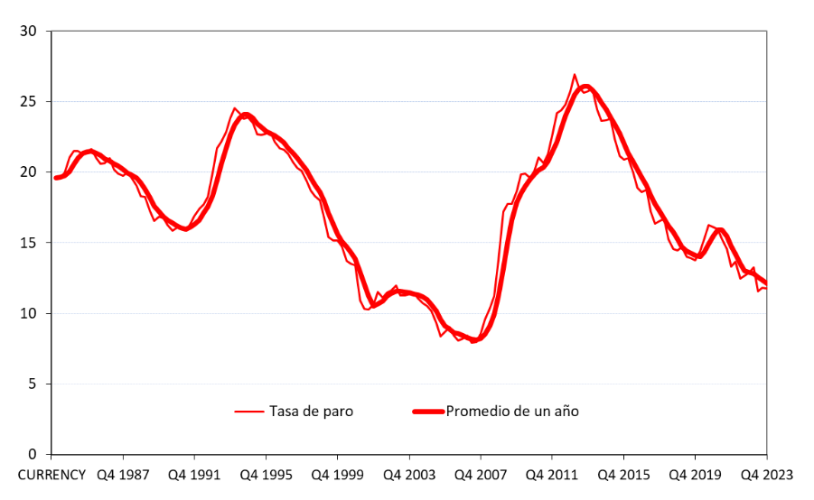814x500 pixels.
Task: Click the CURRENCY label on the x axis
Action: (51, 474)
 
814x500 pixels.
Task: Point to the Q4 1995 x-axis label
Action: (266, 474)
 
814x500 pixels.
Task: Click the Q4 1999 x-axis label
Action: (337, 474)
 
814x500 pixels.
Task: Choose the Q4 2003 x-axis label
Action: (408, 474)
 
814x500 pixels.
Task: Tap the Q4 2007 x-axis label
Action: (480, 474)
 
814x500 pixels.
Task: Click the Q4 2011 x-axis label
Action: (552, 474)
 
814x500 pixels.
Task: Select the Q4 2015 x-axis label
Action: (623, 474)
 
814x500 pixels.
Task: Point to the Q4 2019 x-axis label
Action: (695, 474)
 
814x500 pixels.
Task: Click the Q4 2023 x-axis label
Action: (766, 474)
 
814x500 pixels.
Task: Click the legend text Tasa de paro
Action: (311, 412)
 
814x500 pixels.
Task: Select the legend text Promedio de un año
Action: (512, 412)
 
